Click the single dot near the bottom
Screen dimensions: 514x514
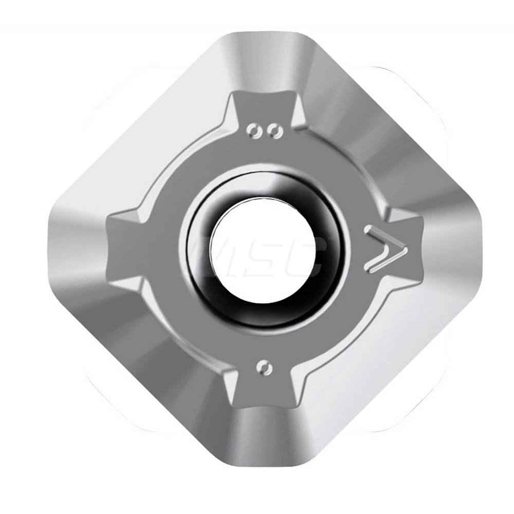(264, 368)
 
